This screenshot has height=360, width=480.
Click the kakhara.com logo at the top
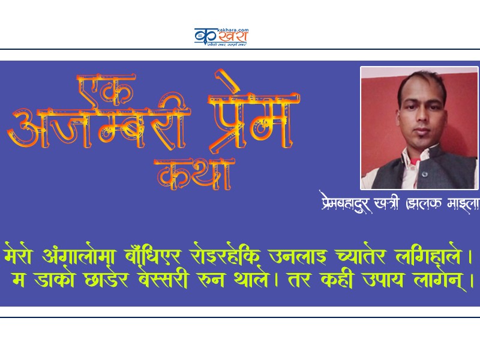221,37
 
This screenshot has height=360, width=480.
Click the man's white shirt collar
441,157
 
